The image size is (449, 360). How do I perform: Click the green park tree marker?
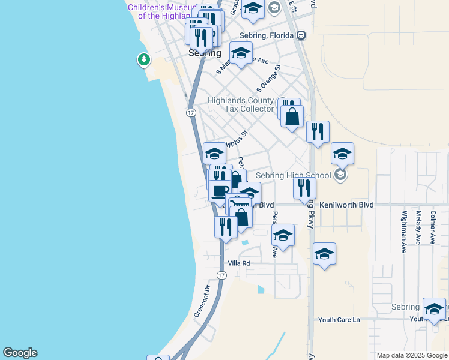(x=143, y=59)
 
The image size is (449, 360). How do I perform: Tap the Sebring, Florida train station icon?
(x=301, y=35)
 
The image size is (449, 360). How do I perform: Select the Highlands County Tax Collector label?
(x=241, y=105)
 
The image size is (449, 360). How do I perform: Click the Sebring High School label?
(x=294, y=175)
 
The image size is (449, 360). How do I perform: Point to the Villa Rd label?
(x=238, y=263)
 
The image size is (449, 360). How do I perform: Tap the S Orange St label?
(x=268, y=78)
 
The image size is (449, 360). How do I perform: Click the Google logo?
(x=20, y=353)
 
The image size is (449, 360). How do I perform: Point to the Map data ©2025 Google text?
(x=412, y=355)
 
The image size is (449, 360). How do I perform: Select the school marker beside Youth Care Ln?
(x=434, y=308)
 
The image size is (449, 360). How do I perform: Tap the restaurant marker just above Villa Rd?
(x=226, y=227)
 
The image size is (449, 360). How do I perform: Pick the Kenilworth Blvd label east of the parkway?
(x=347, y=205)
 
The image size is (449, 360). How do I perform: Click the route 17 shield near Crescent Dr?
(x=221, y=275)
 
